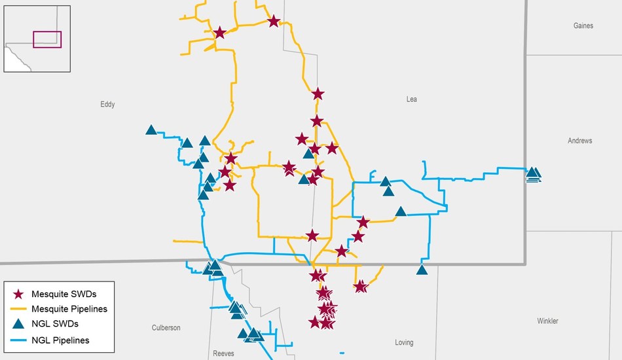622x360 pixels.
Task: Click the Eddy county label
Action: pos(107,104)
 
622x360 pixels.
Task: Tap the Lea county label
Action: pos(411,99)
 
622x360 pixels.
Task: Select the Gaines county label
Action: pos(583,26)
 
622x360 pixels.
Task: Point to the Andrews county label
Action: pos(579,141)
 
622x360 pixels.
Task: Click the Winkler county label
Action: pos(547,321)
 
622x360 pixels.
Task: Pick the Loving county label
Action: pos(404,342)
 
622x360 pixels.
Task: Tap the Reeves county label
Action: pos(223,353)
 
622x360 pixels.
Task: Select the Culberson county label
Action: pos(166,328)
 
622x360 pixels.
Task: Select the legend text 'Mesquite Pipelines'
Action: pos(69,309)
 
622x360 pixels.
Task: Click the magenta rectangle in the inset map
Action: pos(47,40)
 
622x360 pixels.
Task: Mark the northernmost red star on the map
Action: pos(274,22)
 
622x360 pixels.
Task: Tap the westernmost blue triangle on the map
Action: pos(151,130)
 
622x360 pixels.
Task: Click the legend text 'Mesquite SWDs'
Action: pos(64,294)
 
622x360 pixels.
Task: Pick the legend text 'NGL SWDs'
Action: pos(54,325)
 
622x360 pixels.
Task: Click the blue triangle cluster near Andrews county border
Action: pos(534,173)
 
